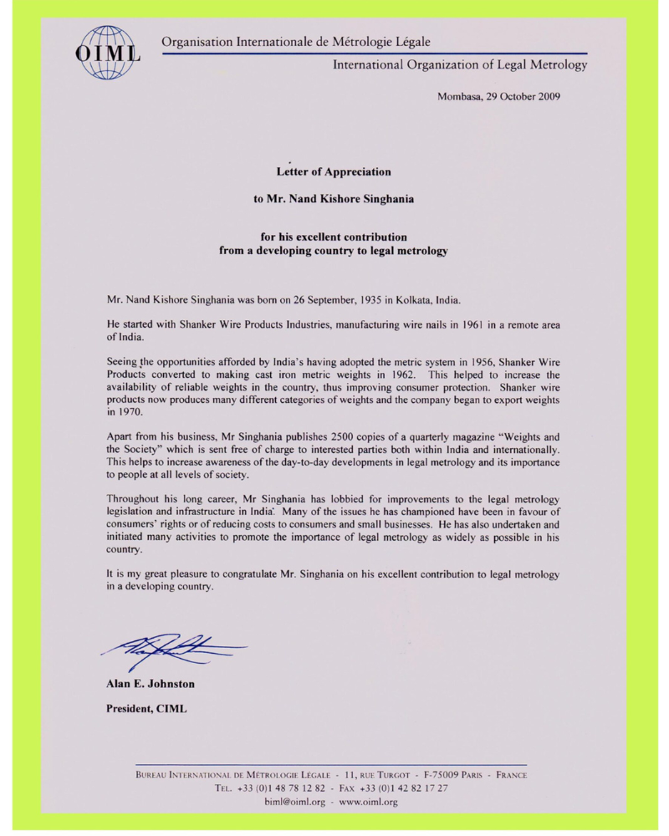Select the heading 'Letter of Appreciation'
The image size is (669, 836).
[x=334, y=172]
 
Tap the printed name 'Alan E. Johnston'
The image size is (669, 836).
[x=151, y=684]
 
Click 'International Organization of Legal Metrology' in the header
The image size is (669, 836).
[x=459, y=64]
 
